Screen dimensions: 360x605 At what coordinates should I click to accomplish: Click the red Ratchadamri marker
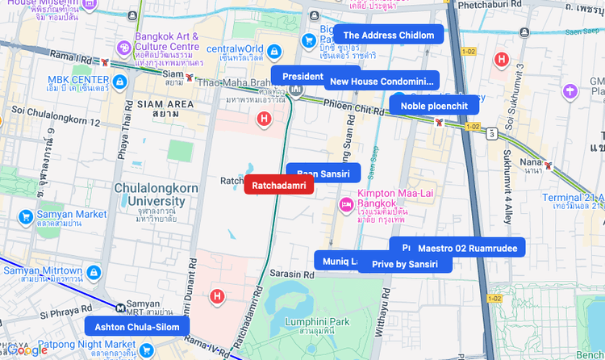pyautogui.click(x=278, y=186)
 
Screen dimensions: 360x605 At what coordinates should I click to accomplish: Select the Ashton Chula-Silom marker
pyautogui.click(x=137, y=327)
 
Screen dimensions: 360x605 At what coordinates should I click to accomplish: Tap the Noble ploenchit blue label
pyautogui.click(x=434, y=106)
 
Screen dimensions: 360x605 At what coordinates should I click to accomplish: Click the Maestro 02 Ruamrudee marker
pyautogui.click(x=466, y=248)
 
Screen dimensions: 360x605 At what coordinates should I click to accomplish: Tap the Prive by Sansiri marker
pyautogui.click(x=405, y=264)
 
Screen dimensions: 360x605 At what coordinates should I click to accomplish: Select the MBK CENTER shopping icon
pyautogui.click(x=119, y=82)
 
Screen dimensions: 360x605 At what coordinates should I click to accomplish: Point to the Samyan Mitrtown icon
pyautogui.click(x=94, y=273)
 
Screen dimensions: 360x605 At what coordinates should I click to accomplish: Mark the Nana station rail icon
pyautogui.click(x=549, y=166)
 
